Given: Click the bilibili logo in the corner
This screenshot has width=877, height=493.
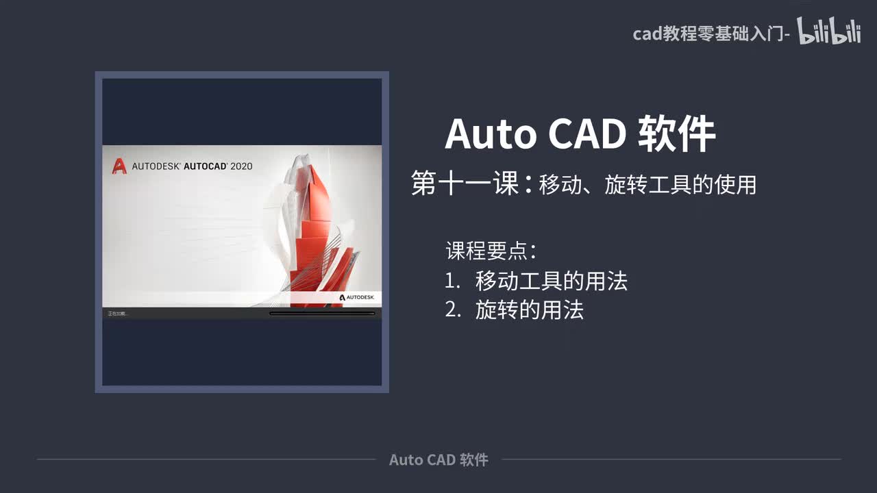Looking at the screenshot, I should (828, 32).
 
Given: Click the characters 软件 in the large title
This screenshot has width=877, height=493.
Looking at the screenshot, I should (676, 134).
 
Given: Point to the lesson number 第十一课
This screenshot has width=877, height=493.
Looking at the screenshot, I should (465, 184).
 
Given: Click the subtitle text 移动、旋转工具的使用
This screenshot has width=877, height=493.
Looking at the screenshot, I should (647, 185).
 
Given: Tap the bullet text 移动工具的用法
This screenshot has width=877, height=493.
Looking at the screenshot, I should (552, 281).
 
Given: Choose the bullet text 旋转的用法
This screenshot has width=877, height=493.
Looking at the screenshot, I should (530, 310).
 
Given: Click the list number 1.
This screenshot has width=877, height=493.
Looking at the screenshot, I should (452, 281).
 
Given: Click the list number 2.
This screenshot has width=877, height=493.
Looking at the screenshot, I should (452, 310).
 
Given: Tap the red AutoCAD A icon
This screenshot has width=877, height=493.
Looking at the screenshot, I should (119, 166).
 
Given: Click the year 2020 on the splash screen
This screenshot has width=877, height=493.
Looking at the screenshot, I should (241, 166).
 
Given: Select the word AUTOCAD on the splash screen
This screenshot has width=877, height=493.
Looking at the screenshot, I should (206, 166).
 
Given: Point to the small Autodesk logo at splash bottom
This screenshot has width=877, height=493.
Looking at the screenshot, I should (357, 297).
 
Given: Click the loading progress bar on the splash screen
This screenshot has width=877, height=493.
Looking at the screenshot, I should (322, 314).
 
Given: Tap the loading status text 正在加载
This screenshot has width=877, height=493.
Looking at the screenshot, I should (117, 314).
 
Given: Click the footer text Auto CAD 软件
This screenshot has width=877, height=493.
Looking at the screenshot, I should (438, 459).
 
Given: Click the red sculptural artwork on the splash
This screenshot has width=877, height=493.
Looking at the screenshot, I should (322, 233).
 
